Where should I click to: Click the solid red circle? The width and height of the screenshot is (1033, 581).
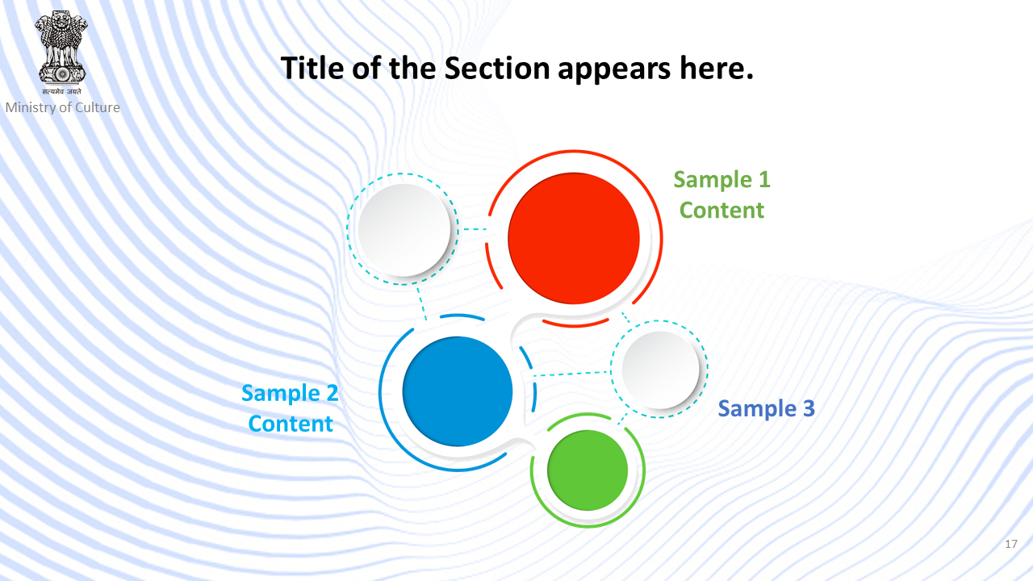tap(574, 238)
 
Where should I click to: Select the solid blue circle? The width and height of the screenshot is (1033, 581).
tap(458, 391)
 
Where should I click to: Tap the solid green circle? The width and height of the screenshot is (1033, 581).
tap(588, 470)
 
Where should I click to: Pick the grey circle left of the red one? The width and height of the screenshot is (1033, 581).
tap(404, 230)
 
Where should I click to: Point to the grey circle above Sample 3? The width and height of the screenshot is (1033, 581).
tap(660, 370)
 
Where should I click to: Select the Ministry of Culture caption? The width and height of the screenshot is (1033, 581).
tap(63, 107)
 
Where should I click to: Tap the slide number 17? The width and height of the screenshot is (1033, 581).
tap(1011, 544)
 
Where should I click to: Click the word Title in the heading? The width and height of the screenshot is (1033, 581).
tap(312, 69)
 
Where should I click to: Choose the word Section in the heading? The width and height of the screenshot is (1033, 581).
tap(496, 69)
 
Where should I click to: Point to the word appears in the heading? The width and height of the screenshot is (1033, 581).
tap(614, 70)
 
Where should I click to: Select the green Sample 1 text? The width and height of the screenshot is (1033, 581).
tap(721, 180)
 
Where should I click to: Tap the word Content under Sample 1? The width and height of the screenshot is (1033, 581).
tap(721, 211)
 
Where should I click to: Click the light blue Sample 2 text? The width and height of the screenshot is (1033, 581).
tap(290, 394)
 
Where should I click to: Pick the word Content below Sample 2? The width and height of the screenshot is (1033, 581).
tap(291, 424)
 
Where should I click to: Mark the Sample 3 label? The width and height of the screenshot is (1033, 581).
tap(767, 409)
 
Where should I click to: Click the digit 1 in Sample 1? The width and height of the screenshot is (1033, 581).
tap(764, 179)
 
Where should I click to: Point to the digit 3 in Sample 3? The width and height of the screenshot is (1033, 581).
tap(809, 408)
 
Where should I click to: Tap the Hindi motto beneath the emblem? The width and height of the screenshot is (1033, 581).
tap(62, 92)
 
